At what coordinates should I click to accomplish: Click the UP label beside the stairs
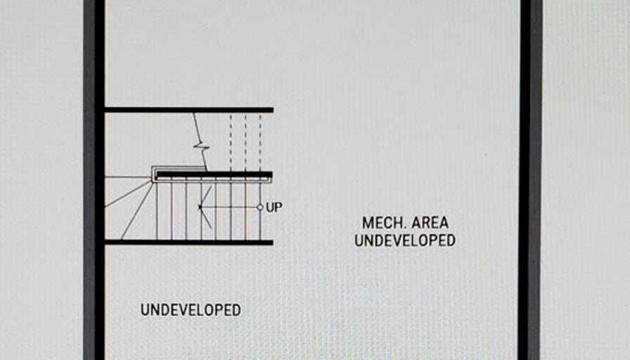(x=274, y=207)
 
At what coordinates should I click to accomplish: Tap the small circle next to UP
(x=259, y=207)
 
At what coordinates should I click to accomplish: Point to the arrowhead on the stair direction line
(x=201, y=207)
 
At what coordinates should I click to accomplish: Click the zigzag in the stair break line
(x=202, y=148)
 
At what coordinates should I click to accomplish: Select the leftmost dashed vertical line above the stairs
(x=231, y=141)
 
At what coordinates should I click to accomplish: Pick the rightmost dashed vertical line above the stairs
(x=259, y=141)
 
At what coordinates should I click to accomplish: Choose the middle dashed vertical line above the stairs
(x=245, y=141)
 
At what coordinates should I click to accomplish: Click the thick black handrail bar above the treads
(x=214, y=174)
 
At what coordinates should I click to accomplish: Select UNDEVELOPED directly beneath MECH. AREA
(x=405, y=240)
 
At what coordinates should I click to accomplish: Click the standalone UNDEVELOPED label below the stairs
(x=191, y=309)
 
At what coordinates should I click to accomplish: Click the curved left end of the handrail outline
(x=153, y=174)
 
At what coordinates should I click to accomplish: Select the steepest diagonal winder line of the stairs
(x=138, y=211)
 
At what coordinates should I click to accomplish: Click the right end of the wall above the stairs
(x=271, y=110)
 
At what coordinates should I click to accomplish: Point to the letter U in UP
(x=270, y=207)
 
